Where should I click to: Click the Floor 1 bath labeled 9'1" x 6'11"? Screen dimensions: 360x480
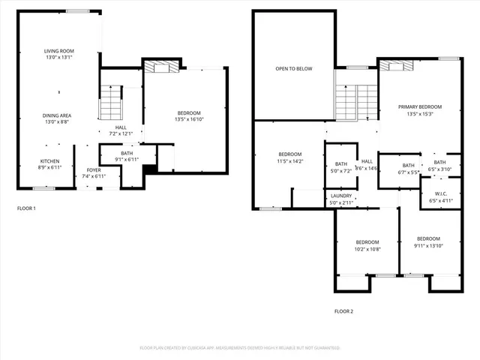tap(126, 156)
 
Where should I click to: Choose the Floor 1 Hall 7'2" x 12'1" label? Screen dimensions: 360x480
tap(121, 130)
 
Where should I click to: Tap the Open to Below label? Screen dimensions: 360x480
tap(293, 69)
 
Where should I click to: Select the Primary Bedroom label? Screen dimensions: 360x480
tap(419, 110)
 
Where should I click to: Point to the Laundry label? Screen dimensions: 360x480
tap(340, 199)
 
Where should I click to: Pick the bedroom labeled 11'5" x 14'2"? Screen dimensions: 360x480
tap(289, 157)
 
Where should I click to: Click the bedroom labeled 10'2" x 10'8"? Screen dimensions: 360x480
tap(367, 245)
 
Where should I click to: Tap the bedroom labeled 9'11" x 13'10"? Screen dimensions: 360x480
tap(428, 241)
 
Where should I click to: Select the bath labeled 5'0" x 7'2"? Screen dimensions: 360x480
tap(341, 168)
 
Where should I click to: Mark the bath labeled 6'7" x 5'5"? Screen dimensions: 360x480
tap(408, 169)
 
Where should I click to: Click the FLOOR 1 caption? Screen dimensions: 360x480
tap(26, 208)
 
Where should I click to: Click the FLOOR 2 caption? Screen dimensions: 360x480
tap(343, 310)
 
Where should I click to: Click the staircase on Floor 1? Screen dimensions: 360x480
tap(110, 102)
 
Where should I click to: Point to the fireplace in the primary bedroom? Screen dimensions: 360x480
tap(397, 66)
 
